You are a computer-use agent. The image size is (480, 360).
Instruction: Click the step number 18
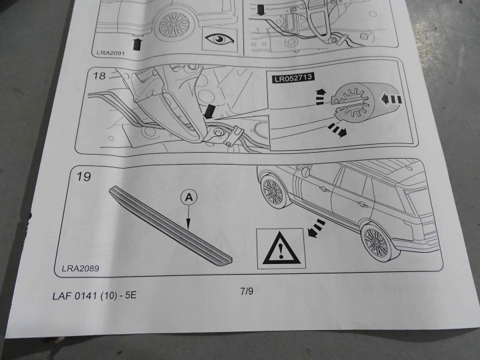pyautogui.click(x=99, y=75)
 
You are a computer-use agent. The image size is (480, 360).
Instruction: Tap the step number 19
pyautogui.click(x=83, y=176)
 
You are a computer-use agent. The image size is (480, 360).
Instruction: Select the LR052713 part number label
pyautogui.click(x=293, y=78)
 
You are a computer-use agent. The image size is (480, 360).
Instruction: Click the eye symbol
pyautogui.click(x=220, y=39)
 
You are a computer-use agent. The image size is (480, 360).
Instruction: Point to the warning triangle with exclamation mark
pyautogui.click(x=281, y=249)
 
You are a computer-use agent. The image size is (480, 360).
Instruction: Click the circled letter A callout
pyautogui.click(x=189, y=197)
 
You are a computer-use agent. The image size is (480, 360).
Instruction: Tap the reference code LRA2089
pyautogui.click(x=80, y=269)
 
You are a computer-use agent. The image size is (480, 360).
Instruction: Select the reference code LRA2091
pyautogui.click(x=111, y=53)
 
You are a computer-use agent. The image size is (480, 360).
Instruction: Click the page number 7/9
pyautogui.click(x=247, y=291)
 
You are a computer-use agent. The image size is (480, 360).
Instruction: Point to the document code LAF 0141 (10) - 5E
pyautogui.click(x=94, y=296)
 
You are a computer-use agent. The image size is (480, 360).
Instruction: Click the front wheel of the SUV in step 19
pyautogui.click(x=273, y=191)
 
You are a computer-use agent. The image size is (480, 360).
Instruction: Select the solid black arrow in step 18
pyautogui.click(x=210, y=111)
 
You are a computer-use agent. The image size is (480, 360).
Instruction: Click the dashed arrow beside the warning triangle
pyautogui.click(x=316, y=229)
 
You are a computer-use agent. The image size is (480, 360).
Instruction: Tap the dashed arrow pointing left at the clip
pyautogui.click(x=390, y=99)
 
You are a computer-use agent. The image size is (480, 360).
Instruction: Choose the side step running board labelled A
pyautogui.click(x=171, y=225)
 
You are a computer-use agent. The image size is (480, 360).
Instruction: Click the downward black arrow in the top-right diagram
pyautogui.click(x=261, y=9)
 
